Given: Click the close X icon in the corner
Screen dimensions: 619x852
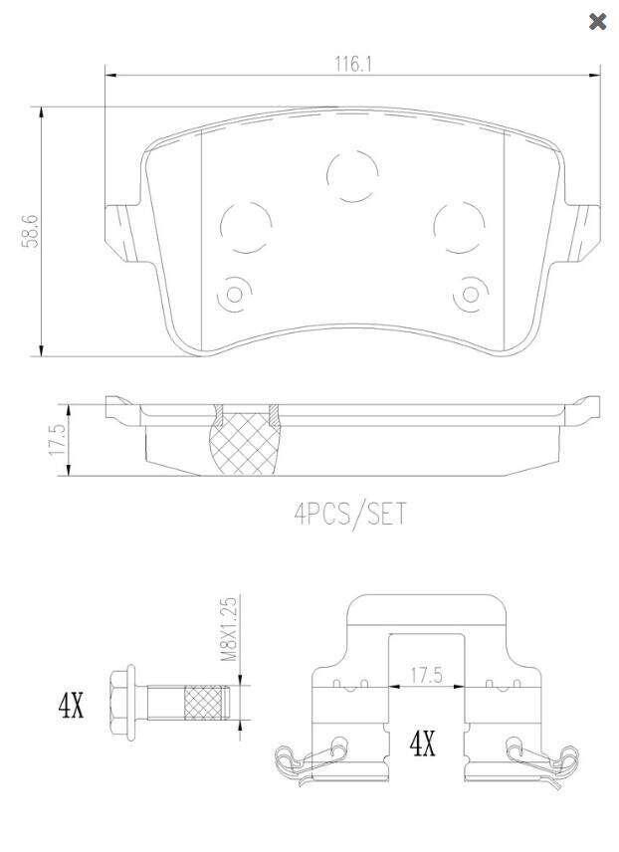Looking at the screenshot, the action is coord(597,22).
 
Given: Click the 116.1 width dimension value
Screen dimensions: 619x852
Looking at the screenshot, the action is coord(352,64).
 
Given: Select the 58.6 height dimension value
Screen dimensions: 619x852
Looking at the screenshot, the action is coord(31,231).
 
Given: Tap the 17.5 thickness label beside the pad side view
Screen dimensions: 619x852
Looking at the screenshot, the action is coord(58,440).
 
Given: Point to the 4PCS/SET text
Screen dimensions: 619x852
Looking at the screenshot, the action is coord(350,514).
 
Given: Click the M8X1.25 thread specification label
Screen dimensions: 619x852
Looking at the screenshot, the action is coord(230,629).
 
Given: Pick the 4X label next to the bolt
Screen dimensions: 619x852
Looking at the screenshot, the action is coord(72,706).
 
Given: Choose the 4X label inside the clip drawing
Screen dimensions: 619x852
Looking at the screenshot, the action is coord(422,744).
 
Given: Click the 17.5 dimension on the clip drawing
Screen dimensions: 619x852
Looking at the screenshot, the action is coord(426,676).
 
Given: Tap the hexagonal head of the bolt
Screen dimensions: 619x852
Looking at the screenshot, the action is coord(122,703).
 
